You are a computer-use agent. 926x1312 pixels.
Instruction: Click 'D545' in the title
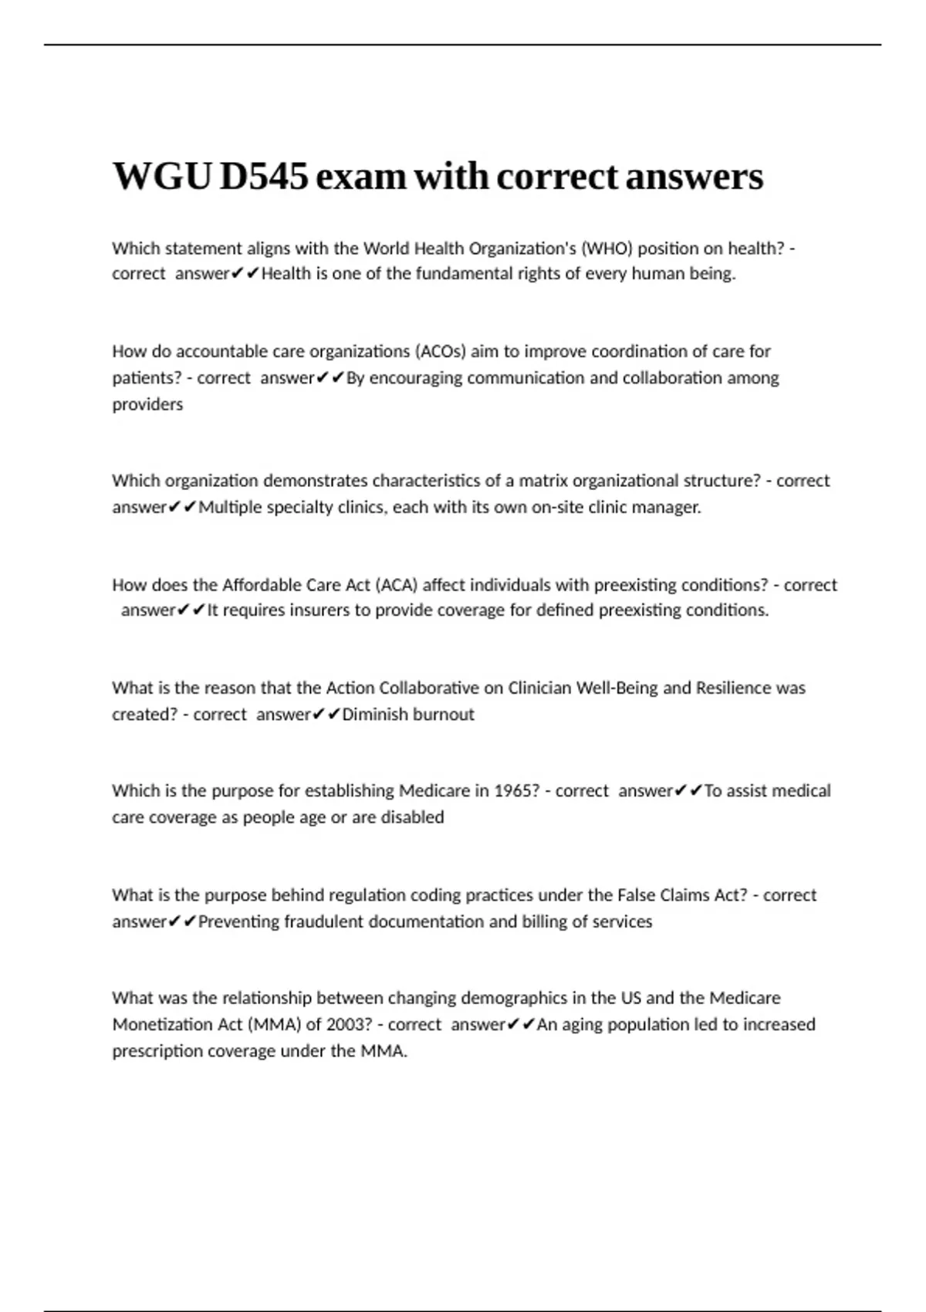tap(263, 177)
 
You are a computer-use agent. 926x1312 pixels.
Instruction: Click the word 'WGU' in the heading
tap(162, 177)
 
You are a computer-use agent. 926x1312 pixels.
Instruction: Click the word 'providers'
tap(147, 404)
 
